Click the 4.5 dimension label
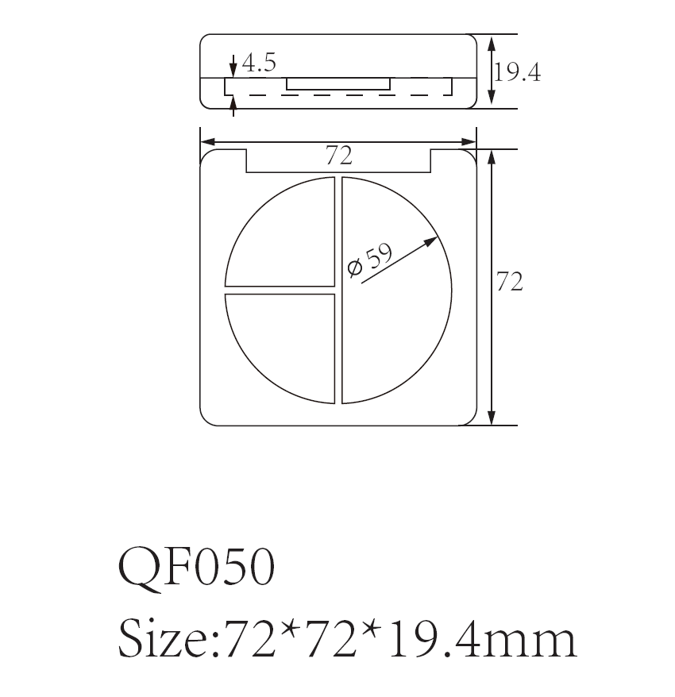click(259, 64)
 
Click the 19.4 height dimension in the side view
click(517, 73)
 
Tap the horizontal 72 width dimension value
click(338, 156)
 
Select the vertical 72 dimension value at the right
click(510, 282)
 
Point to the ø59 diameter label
click(371, 259)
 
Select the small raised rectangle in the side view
click(338, 83)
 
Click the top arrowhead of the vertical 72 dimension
click(492, 156)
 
